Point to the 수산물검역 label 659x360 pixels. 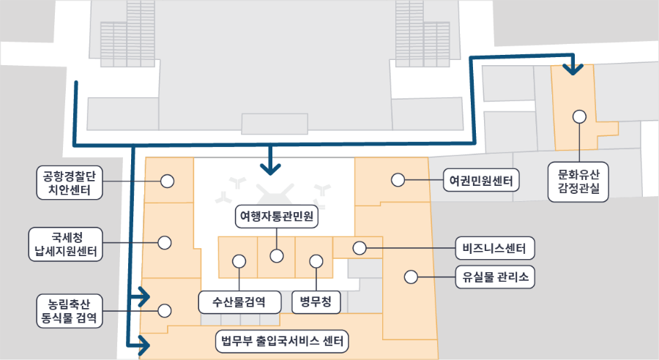click(239, 301)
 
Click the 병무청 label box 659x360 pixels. click(316, 301)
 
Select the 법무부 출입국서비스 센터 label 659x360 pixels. click(282, 341)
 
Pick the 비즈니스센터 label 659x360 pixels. click(495, 248)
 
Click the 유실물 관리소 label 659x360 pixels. click(495, 277)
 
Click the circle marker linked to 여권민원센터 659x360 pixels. click(398, 179)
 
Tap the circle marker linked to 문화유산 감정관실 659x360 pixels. click(579, 116)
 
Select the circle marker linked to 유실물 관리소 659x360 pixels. click(411, 277)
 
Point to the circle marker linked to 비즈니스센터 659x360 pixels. click(359, 247)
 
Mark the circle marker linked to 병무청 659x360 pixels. click(316, 260)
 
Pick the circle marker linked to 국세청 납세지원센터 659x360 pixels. click(165, 242)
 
